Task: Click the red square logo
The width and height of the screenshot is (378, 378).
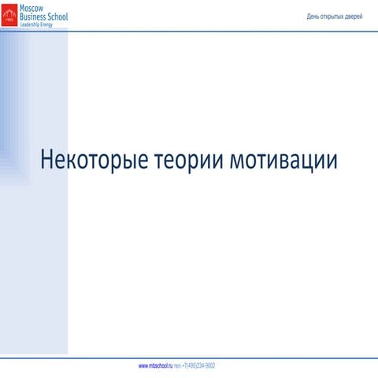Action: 9,15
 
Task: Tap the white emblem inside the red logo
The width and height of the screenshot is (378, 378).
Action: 9,13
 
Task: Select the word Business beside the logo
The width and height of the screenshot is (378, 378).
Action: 36,16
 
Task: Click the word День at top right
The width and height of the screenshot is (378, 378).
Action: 313,16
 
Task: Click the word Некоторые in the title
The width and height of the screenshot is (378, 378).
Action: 94,160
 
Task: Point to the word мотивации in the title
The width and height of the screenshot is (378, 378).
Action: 284,160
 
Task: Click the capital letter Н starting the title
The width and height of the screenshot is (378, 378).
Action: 47,160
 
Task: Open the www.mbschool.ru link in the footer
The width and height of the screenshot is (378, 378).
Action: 155,366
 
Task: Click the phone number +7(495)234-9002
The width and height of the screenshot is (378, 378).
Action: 198,366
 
